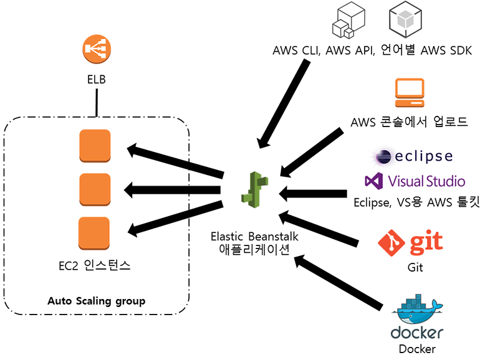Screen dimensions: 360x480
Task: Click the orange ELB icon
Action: pos(96,51)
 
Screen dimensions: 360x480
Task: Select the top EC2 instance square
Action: pos(95,145)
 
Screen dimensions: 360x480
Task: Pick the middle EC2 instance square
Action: pos(95,189)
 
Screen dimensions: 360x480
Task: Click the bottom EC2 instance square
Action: pos(95,233)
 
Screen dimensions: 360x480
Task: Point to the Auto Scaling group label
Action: pos(96,301)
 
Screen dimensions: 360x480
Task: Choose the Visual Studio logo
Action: pos(415,181)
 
